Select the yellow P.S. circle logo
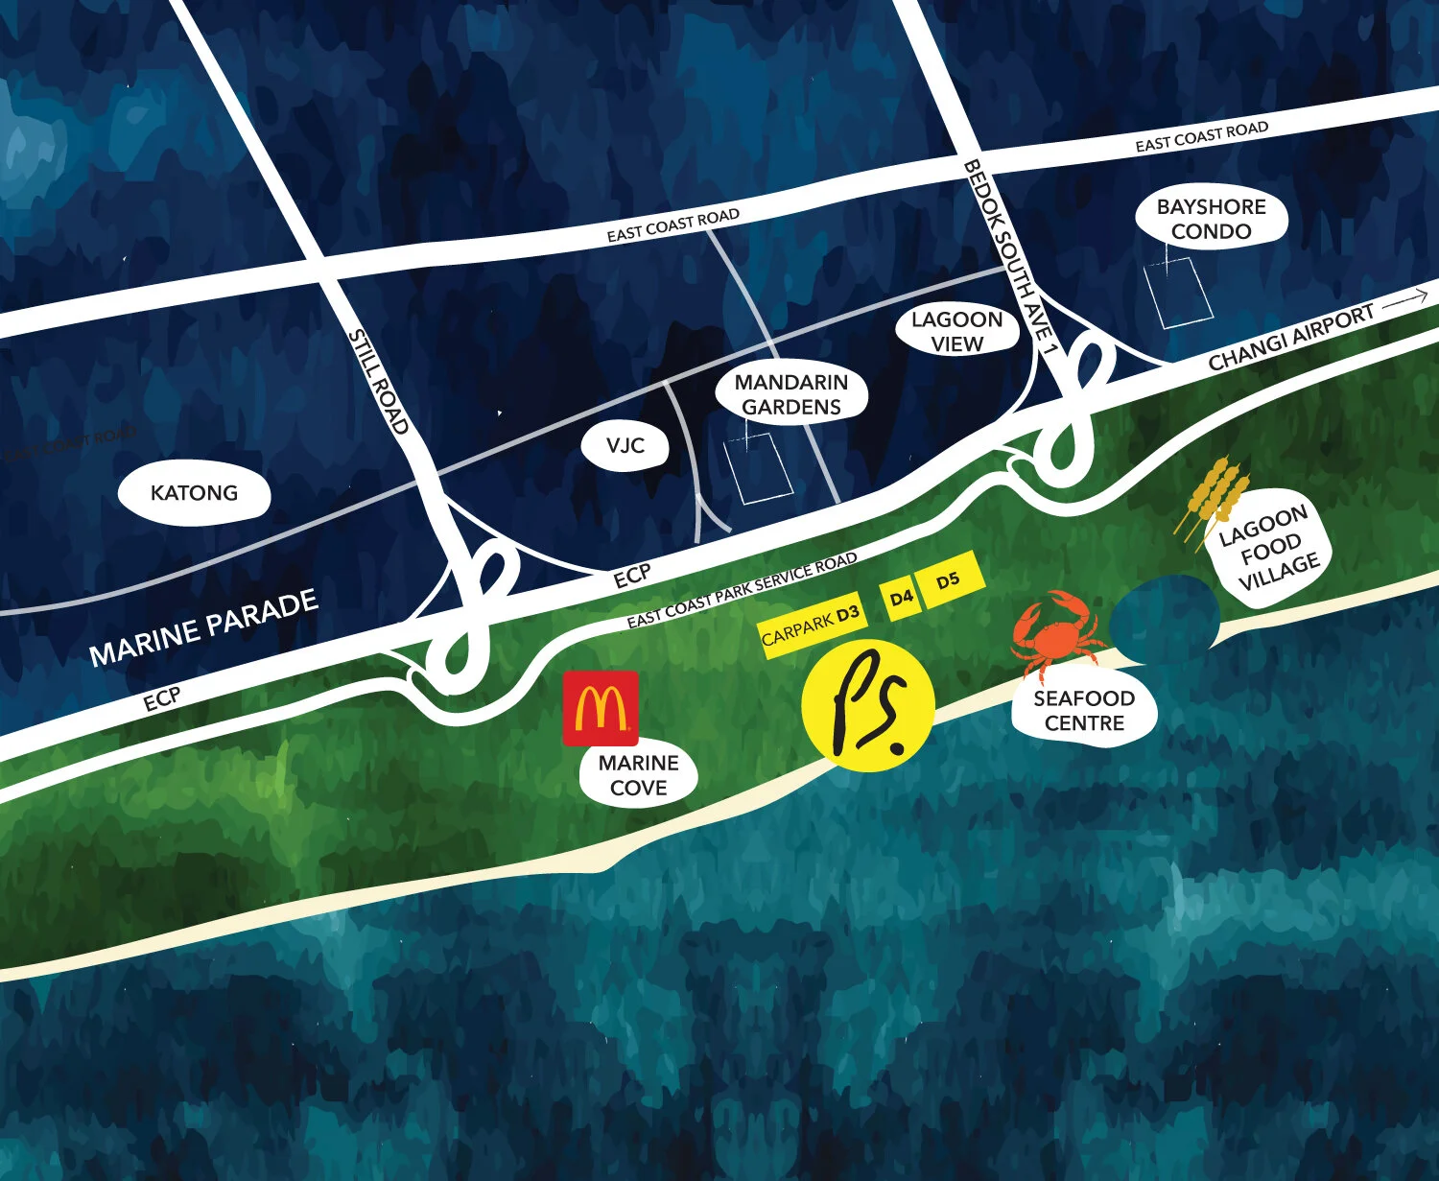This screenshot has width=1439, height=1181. pos(867,704)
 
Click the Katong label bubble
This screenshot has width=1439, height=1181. pos(194,493)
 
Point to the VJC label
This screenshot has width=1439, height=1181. pos(625,446)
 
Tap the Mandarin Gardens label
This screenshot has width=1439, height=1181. pos(791,394)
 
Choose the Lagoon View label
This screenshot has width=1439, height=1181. pos(956,331)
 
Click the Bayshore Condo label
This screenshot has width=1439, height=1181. pos(1211,219)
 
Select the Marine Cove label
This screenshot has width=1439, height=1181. pos(638,775)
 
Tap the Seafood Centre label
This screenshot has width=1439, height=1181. pos(1084,711)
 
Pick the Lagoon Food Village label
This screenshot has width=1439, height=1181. pos(1268,550)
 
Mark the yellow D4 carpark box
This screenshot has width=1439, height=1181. pos(901,600)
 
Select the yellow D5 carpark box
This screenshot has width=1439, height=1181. pos(948,579)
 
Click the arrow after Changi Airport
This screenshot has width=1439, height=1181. pos(1405,299)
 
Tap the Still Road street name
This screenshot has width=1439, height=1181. pos(379,381)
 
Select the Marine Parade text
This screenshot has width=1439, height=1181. pos(203,628)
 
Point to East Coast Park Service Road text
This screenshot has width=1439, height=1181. pos(742,591)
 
